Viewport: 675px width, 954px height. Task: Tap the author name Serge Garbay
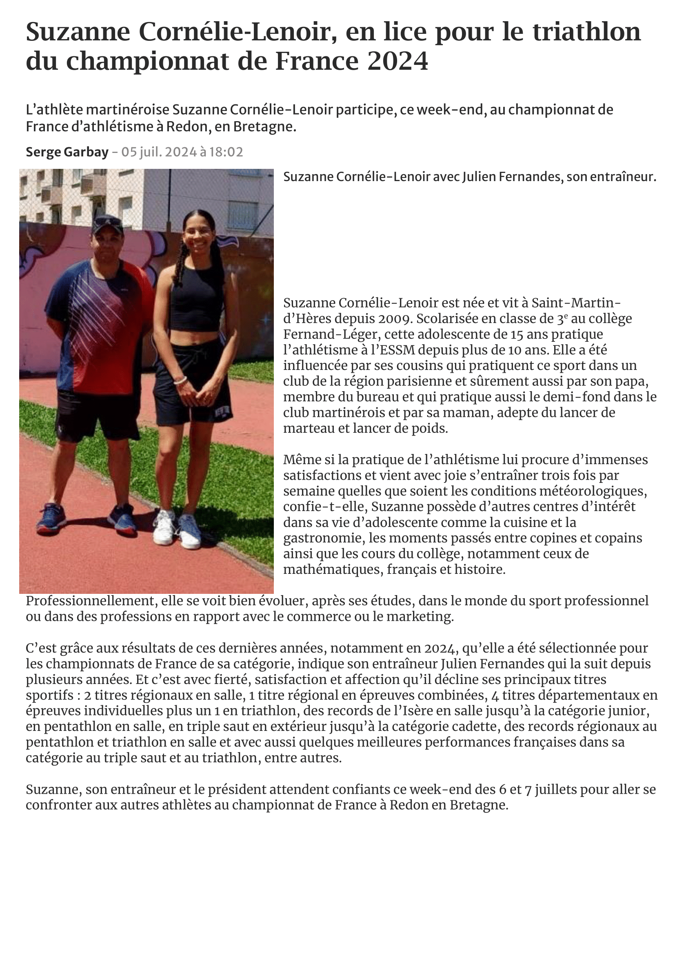(x=67, y=152)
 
